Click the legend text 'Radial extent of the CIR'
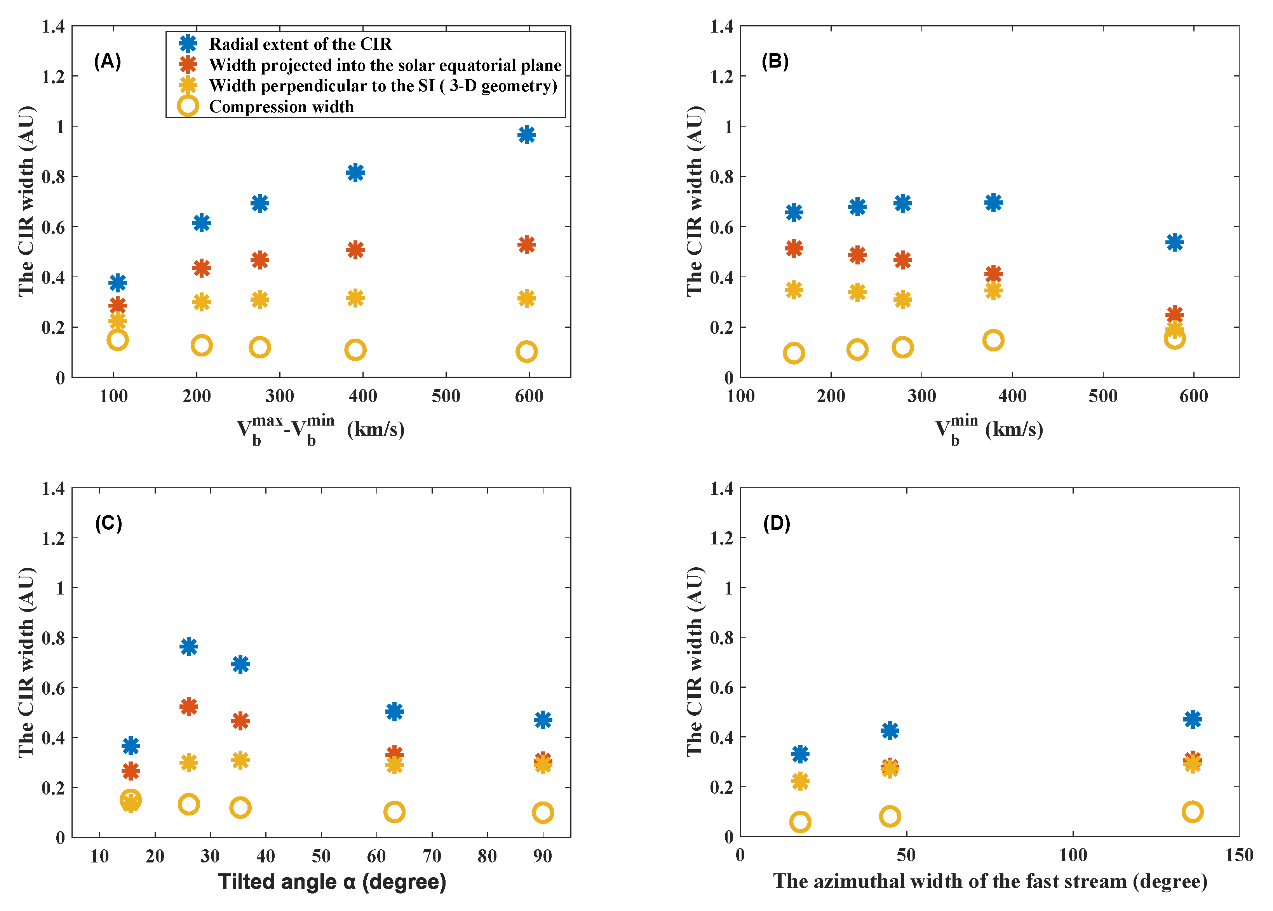click(x=300, y=44)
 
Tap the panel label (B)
click(x=775, y=61)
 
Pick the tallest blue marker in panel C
click(x=188, y=646)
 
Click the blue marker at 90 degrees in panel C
click(x=543, y=719)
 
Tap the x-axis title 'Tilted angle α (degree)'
click(x=332, y=882)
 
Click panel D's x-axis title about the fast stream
click(x=990, y=881)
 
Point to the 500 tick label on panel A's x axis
click(x=446, y=396)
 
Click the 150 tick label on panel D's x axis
click(x=1239, y=855)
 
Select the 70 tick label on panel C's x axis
click(x=432, y=856)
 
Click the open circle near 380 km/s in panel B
click(x=993, y=340)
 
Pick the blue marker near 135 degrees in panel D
click(x=1192, y=719)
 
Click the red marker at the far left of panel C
click(x=131, y=771)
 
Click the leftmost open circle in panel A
click(x=117, y=339)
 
